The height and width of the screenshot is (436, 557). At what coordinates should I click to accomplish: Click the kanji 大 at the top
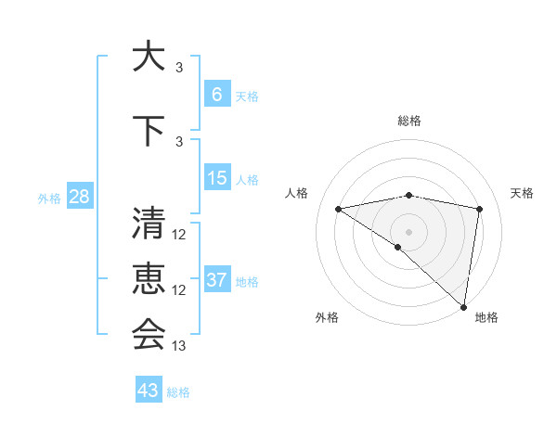(149, 57)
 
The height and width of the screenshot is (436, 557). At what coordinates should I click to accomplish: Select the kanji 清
(149, 224)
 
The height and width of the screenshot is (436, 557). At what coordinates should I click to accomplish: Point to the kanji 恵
(149, 279)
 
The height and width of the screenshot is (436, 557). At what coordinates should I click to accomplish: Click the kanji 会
(149, 334)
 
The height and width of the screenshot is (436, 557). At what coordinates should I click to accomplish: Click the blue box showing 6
(217, 94)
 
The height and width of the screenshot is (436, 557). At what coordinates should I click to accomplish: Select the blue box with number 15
(217, 178)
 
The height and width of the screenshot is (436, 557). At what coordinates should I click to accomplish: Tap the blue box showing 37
(217, 280)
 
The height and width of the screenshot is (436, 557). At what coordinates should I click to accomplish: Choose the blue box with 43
(149, 390)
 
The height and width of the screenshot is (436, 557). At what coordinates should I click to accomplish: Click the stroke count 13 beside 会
(179, 345)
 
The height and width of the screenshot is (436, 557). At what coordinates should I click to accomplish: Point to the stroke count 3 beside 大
(179, 68)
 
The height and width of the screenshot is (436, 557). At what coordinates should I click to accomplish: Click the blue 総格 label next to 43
(178, 391)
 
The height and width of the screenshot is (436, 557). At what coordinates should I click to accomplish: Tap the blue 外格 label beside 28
(49, 198)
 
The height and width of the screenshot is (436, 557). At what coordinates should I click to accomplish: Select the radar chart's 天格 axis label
(523, 193)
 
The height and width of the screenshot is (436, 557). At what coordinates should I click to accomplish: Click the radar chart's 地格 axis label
(486, 317)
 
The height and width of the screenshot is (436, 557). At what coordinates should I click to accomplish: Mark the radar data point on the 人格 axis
(339, 209)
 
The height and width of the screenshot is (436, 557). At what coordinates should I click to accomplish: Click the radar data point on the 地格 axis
(463, 306)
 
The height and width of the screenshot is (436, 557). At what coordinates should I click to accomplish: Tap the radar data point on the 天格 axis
(479, 209)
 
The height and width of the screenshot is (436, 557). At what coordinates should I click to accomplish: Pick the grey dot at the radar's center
(408, 231)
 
